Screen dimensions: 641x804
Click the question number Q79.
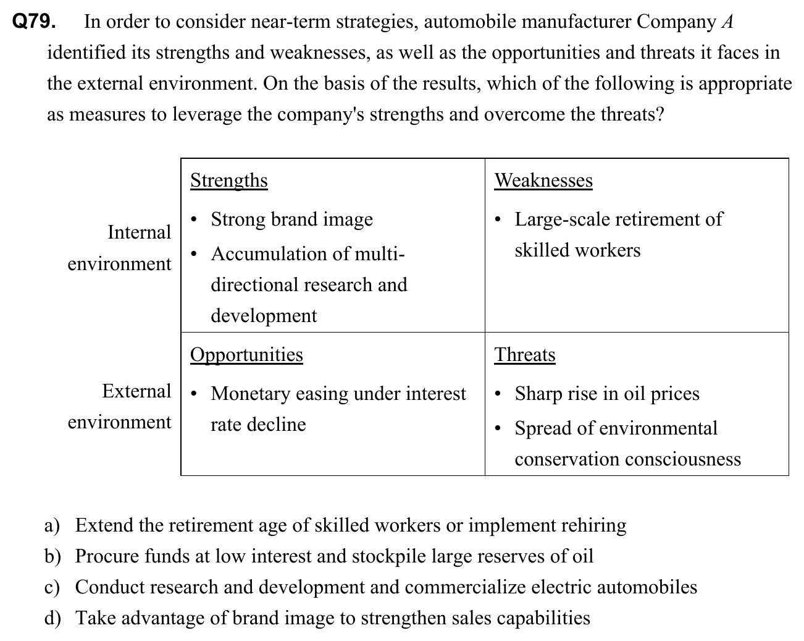pyautogui.click(x=34, y=22)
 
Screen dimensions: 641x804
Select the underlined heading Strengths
pyautogui.click(x=228, y=180)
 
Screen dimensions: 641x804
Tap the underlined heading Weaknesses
pyautogui.click(x=543, y=180)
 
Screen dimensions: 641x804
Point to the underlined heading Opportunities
pyautogui.click(x=246, y=354)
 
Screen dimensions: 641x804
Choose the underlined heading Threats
pyautogui.click(x=524, y=355)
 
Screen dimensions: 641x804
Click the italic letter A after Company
pyautogui.click(x=727, y=22)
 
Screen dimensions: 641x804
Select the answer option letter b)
pyautogui.click(x=52, y=556)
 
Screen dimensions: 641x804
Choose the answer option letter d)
pyautogui.click(x=52, y=618)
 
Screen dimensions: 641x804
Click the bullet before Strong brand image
pyautogui.click(x=195, y=220)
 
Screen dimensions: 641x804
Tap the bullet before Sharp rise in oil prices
pyautogui.click(x=499, y=394)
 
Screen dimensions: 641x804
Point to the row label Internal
pyautogui.click(x=139, y=232)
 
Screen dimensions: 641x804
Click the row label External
pyautogui.click(x=136, y=391)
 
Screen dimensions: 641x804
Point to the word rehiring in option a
pyautogui.click(x=593, y=525)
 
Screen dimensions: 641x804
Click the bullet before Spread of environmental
pyautogui.click(x=499, y=429)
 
